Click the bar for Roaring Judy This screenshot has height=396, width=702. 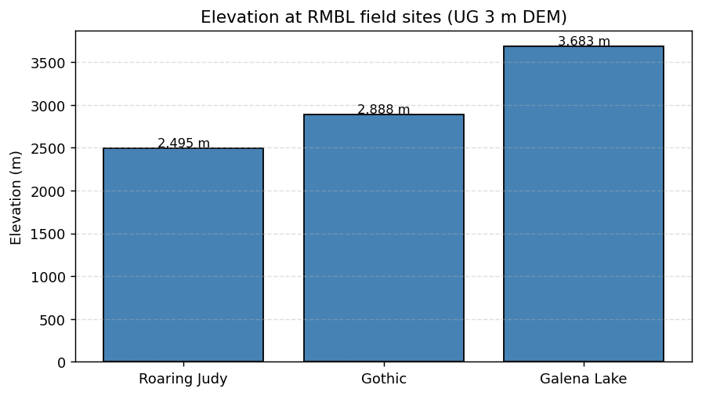[x=183, y=255]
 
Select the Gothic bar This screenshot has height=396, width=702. [x=384, y=238]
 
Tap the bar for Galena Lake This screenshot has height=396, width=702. [x=584, y=204]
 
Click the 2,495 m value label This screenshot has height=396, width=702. [x=183, y=143]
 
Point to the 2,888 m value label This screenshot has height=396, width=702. [x=384, y=110]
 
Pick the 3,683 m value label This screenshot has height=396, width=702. [x=584, y=42]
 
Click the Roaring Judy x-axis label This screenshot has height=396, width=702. [x=183, y=379]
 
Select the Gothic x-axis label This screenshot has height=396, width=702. [x=384, y=379]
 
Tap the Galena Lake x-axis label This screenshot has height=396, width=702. [x=584, y=379]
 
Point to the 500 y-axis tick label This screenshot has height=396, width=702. [x=56, y=320]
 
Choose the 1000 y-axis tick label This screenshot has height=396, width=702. [x=52, y=277]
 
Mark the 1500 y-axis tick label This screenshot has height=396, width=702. [x=52, y=234]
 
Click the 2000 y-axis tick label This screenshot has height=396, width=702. [x=52, y=191]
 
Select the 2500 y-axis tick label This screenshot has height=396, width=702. [x=52, y=148]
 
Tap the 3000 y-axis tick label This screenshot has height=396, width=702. [x=52, y=106]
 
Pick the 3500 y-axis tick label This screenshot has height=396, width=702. [x=52, y=63]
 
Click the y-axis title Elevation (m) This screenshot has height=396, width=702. [x=16, y=197]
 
